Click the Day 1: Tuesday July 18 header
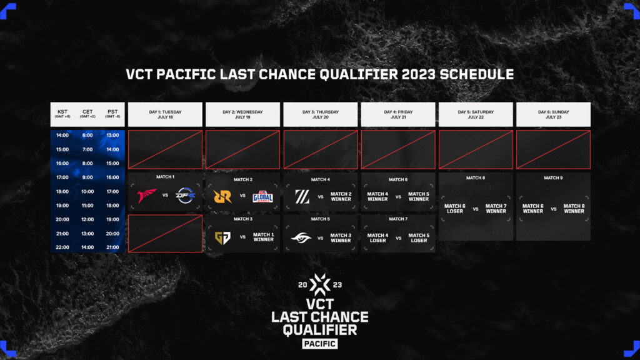click(x=165, y=114)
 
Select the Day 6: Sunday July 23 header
click(x=553, y=114)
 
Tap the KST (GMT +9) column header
click(x=62, y=114)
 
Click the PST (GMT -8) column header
click(x=112, y=114)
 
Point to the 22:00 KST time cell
click(x=62, y=247)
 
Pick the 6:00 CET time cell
click(x=87, y=135)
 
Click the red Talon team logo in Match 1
click(x=147, y=196)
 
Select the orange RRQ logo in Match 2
click(x=222, y=196)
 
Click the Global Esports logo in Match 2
click(x=262, y=196)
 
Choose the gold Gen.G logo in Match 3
click(x=222, y=237)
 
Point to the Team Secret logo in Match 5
click(x=301, y=237)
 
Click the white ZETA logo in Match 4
click(x=302, y=196)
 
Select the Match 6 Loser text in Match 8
click(x=455, y=209)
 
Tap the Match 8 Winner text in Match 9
click(x=574, y=209)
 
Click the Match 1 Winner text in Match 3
click(x=263, y=237)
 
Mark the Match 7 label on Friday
click(x=397, y=219)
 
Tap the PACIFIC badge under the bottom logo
click(x=319, y=344)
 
